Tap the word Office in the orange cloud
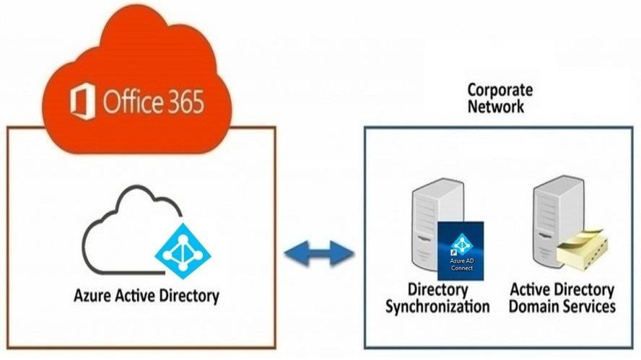(x=130, y=102)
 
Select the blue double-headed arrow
(x=318, y=254)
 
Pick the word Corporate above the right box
(x=500, y=90)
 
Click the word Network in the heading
(x=495, y=106)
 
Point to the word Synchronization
(x=437, y=306)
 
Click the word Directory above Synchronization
(x=438, y=290)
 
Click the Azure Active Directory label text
(x=147, y=296)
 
